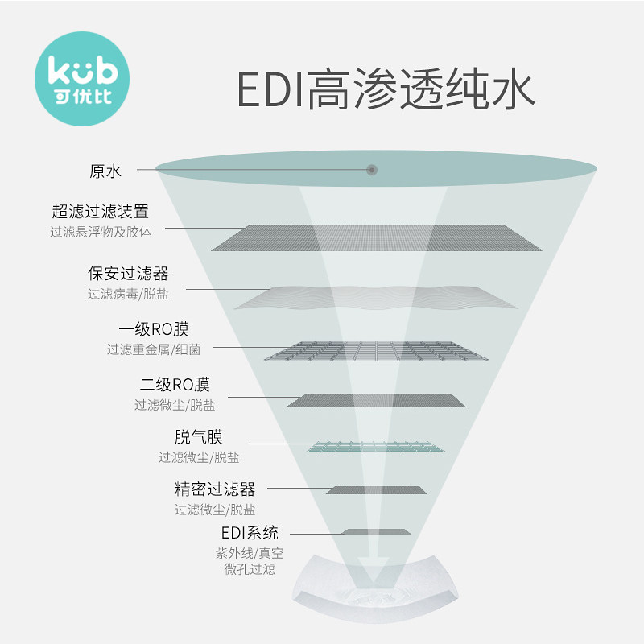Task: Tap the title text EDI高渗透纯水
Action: pyautogui.click(x=385, y=89)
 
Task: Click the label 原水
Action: pyautogui.click(x=105, y=171)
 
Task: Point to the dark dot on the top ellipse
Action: pyautogui.click(x=372, y=170)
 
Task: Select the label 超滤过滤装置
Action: pyautogui.click(x=100, y=213)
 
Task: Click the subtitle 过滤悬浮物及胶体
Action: pyautogui.click(x=100, y=231)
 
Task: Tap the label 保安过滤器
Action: pyautogui.click(x=128, y=275)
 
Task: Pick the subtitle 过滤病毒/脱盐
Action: pyautogui.click(x=128, y=294)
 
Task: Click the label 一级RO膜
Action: pyautogui.click(x=154, y=330)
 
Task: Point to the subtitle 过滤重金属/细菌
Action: pyautogui.click(x=154, y=349)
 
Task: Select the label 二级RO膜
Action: pyautogui.click(x=175, y=385)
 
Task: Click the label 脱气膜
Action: pyautogui.click(x=199, y=438)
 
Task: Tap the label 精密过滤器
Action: pyautogui.click(x=215, y=489)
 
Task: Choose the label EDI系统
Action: pyautogui.click(x=250, y=533)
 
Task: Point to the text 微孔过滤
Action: pyautogui.click(x=250, y=569)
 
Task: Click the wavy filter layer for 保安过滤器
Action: pyautogui.click(x=377, y=297)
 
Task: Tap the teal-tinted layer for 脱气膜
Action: pyautogui.click(x=376, y=446)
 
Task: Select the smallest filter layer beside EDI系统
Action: pyautogui.click(x=376, y=532)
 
